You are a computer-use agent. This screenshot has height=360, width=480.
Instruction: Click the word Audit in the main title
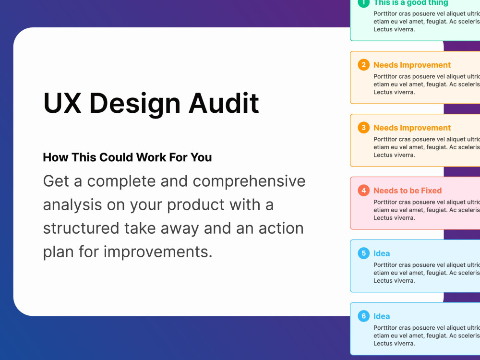[x=224, y=103]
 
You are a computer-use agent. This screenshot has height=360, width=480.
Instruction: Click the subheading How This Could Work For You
[x=127, y=157]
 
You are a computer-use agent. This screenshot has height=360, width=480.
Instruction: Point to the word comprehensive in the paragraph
[x=249, y=181]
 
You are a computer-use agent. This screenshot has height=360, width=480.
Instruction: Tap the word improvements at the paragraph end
[x=158, y=252]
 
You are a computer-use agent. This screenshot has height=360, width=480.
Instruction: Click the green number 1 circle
[x=363, y=2]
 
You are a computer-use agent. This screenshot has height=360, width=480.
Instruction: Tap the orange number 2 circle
[x=363, y=65]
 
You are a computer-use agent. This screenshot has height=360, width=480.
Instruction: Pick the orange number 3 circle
[x=363, y=128]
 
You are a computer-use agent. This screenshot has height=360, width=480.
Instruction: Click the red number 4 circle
[x=363, y=191]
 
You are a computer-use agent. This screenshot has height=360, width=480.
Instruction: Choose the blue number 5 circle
[x=363, y=253]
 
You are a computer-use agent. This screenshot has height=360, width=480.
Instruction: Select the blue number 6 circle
[x=363, y=316]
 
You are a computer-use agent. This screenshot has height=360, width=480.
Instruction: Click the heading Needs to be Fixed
[x=408, y=191]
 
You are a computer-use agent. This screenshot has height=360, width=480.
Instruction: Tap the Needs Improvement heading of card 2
[x=412, y=65]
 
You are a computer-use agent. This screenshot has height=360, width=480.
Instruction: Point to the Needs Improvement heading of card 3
[x=412, y=128]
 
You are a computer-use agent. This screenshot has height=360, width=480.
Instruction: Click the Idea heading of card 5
[x=382, y=253]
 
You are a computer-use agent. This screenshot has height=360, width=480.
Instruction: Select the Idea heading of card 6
[x=382, y=316]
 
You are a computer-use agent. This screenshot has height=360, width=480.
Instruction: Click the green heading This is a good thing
[x=410, y=3]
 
